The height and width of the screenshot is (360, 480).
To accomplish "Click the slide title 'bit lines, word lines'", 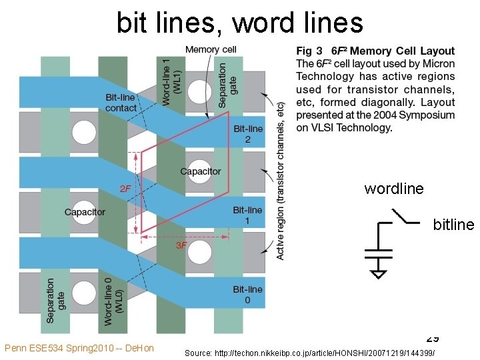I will [x=240, y=23].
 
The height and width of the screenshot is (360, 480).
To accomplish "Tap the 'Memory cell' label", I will [x=211, y=49].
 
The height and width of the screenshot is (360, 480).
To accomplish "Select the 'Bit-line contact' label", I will [x=121, y=103].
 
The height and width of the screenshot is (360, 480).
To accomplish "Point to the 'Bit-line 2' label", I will [x=247, y=134].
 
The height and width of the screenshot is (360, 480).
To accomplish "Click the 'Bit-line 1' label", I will [x=247, y=215].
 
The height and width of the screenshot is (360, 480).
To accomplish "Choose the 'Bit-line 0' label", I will [x=247, y=295].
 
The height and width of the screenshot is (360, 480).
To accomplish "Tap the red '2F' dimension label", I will [x=125, y=189].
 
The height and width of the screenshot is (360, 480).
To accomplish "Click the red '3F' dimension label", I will [x=181, y=245].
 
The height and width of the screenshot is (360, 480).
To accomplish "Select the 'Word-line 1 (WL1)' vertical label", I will [x=171, y=80].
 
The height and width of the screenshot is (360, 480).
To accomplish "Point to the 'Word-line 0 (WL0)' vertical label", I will [x=113, y=300].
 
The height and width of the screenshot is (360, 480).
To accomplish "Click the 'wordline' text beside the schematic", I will [x=394, y=189].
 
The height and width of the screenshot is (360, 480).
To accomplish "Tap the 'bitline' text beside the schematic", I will [x=453, y=225].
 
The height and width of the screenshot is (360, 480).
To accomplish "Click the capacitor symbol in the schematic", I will [x=378, y=253].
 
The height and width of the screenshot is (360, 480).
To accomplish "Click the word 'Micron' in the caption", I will [x=437, y=64].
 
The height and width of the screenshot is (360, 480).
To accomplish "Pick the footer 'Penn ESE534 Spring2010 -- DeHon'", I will [x=79, y=348].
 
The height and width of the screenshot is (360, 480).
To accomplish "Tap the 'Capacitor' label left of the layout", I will [x=85, y=212].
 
